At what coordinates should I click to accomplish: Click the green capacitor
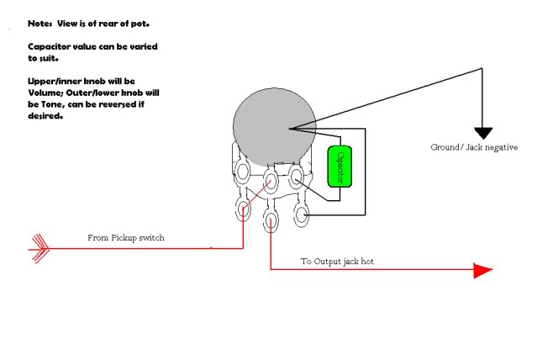[x=339, y=166]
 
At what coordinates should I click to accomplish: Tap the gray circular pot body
[x=274, y=124]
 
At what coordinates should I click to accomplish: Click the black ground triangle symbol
[x=482, y=133]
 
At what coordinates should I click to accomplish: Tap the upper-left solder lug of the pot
[x=243, y=173]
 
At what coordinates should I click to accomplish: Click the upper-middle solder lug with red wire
[x=271, y=179]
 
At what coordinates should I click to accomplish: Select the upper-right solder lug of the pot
[x=297, y=175]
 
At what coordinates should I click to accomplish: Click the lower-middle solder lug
[x=271, y=220]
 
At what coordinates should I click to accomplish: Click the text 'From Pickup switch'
[x=126, y=238]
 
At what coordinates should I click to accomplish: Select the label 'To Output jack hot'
[x=338, y=262]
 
